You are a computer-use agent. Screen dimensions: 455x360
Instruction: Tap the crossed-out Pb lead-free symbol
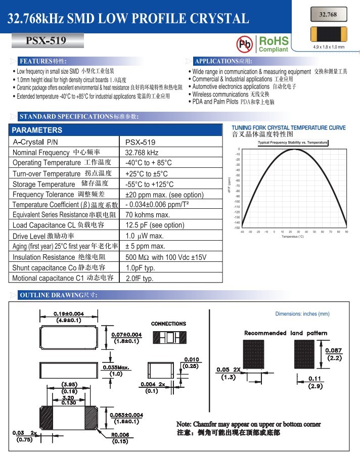click(x=245, y=43)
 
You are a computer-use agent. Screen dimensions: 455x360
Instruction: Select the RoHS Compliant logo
click(x=273, y=44)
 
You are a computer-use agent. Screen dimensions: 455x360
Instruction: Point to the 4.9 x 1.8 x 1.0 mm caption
click(x=329, y=48)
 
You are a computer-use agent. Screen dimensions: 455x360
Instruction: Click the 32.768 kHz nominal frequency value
click(x=142, y=153)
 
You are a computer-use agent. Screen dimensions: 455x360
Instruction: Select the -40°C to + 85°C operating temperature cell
click(x=149, y=163)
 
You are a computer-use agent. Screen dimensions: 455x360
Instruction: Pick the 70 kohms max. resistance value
click(x=148, y=215)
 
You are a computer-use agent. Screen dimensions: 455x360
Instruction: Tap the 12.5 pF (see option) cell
click(x=155, y=225)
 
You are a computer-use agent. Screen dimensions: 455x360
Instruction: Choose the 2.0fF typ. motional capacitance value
click(x=140, y=278)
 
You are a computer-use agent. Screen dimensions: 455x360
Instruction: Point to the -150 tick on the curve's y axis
click(x=237, y=228)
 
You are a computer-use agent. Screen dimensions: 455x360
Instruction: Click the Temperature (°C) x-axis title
click(x=293, y=236)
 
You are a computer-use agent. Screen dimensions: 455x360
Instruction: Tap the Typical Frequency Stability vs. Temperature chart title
click(x=293, y=143)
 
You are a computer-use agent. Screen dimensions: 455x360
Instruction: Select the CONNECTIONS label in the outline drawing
click(x=168, y=324)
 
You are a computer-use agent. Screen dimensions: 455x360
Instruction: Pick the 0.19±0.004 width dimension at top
click(x=69, y=316)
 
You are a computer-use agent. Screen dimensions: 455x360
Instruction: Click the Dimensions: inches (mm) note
click(x=302, y=314)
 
